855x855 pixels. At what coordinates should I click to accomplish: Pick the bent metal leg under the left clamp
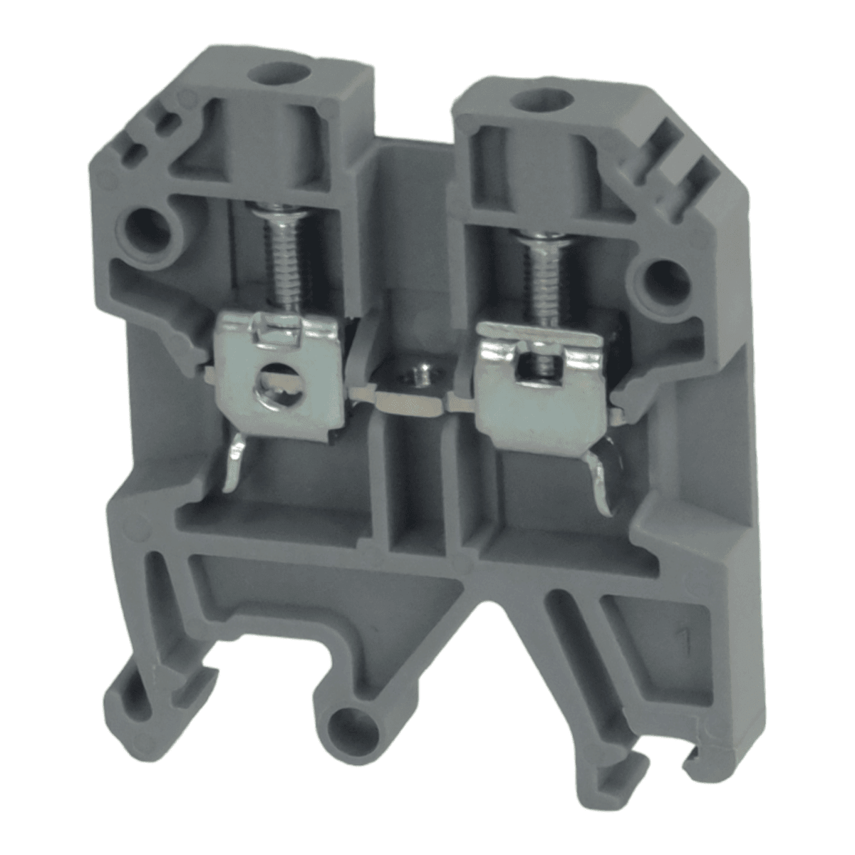[x=235, y=464]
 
